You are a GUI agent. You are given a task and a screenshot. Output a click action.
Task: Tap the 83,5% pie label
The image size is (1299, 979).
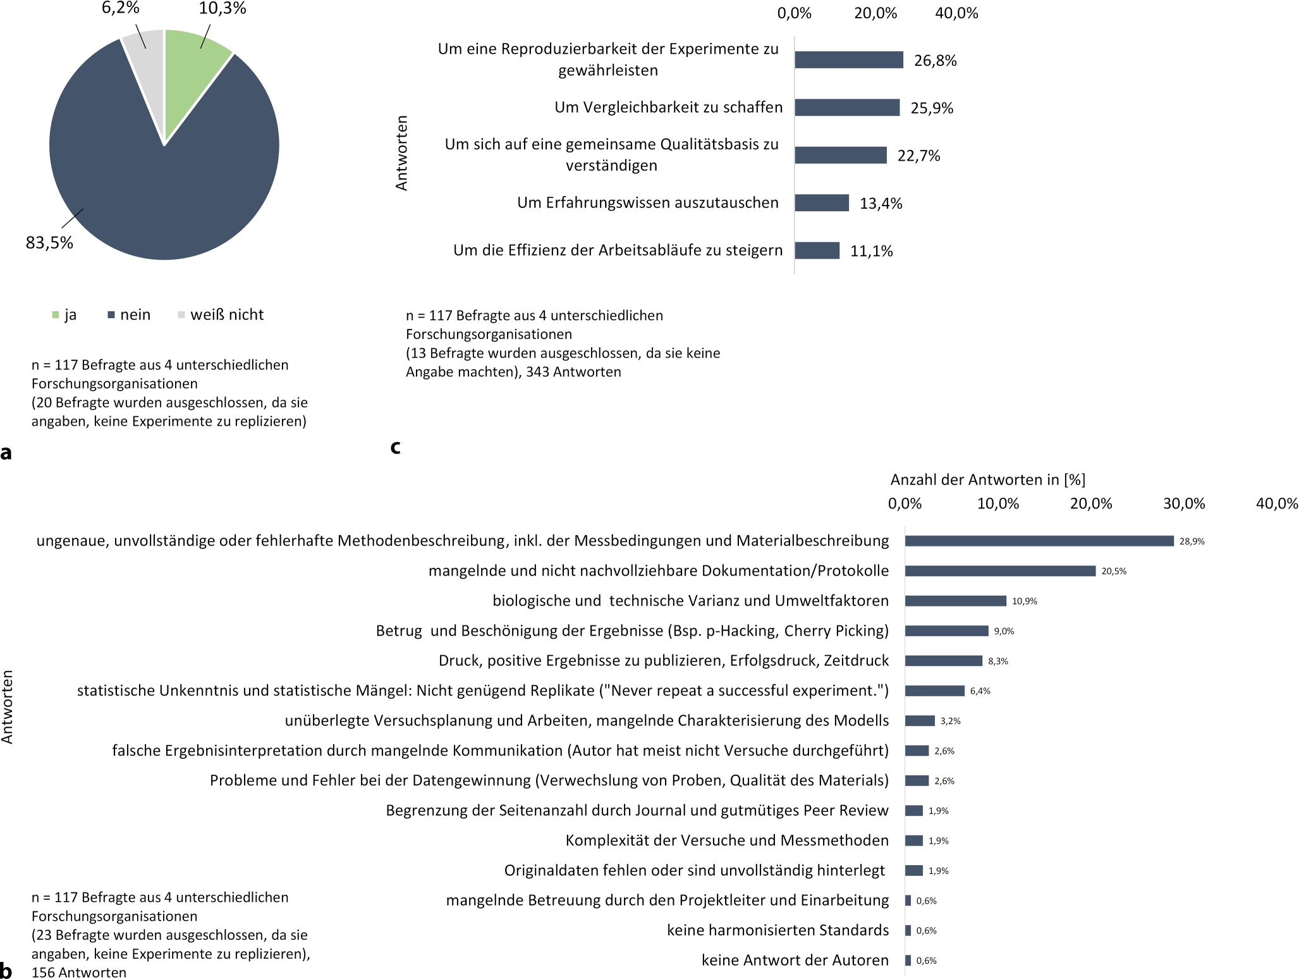click(x=49, y=243)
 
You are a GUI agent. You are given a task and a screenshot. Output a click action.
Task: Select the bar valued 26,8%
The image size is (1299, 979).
click(x=848, y=60)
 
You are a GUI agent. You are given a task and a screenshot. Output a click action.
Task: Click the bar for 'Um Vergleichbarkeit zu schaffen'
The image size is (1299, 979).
click(x=846, y=108)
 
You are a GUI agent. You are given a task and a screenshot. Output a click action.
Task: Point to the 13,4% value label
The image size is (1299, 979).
click(x=881, y=204)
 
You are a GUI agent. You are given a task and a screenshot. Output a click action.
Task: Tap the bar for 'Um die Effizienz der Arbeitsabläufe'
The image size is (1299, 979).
click(x=817, y=250)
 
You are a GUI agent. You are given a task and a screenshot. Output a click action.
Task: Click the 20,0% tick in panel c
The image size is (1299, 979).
click(x=875, y=13)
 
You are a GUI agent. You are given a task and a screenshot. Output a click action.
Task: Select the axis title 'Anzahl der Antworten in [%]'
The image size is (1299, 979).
click(x=987, y=480)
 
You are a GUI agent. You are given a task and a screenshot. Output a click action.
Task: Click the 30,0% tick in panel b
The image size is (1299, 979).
click(x=1183, y=504)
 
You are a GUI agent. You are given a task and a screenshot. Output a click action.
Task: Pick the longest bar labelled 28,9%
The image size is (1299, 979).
click(x=1039, y=541)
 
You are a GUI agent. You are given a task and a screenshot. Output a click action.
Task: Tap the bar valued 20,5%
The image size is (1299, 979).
click(x=999, y=571)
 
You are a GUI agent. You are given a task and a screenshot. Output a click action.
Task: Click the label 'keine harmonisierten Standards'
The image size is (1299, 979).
click(x=778, y=930)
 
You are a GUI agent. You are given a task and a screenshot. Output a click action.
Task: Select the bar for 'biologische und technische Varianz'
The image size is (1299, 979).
click(x=955, y=601)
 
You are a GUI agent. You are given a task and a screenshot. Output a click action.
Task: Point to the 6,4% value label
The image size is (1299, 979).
click(x=980, y=691)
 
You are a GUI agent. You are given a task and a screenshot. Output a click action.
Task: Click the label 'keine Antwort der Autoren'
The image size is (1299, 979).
click(x=795, y=960)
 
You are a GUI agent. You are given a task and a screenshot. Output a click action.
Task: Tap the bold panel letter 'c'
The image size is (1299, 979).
click(x=396, y=447)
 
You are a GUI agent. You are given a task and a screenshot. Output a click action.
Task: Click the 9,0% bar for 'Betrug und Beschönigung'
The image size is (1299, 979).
click(x=946, y=631)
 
